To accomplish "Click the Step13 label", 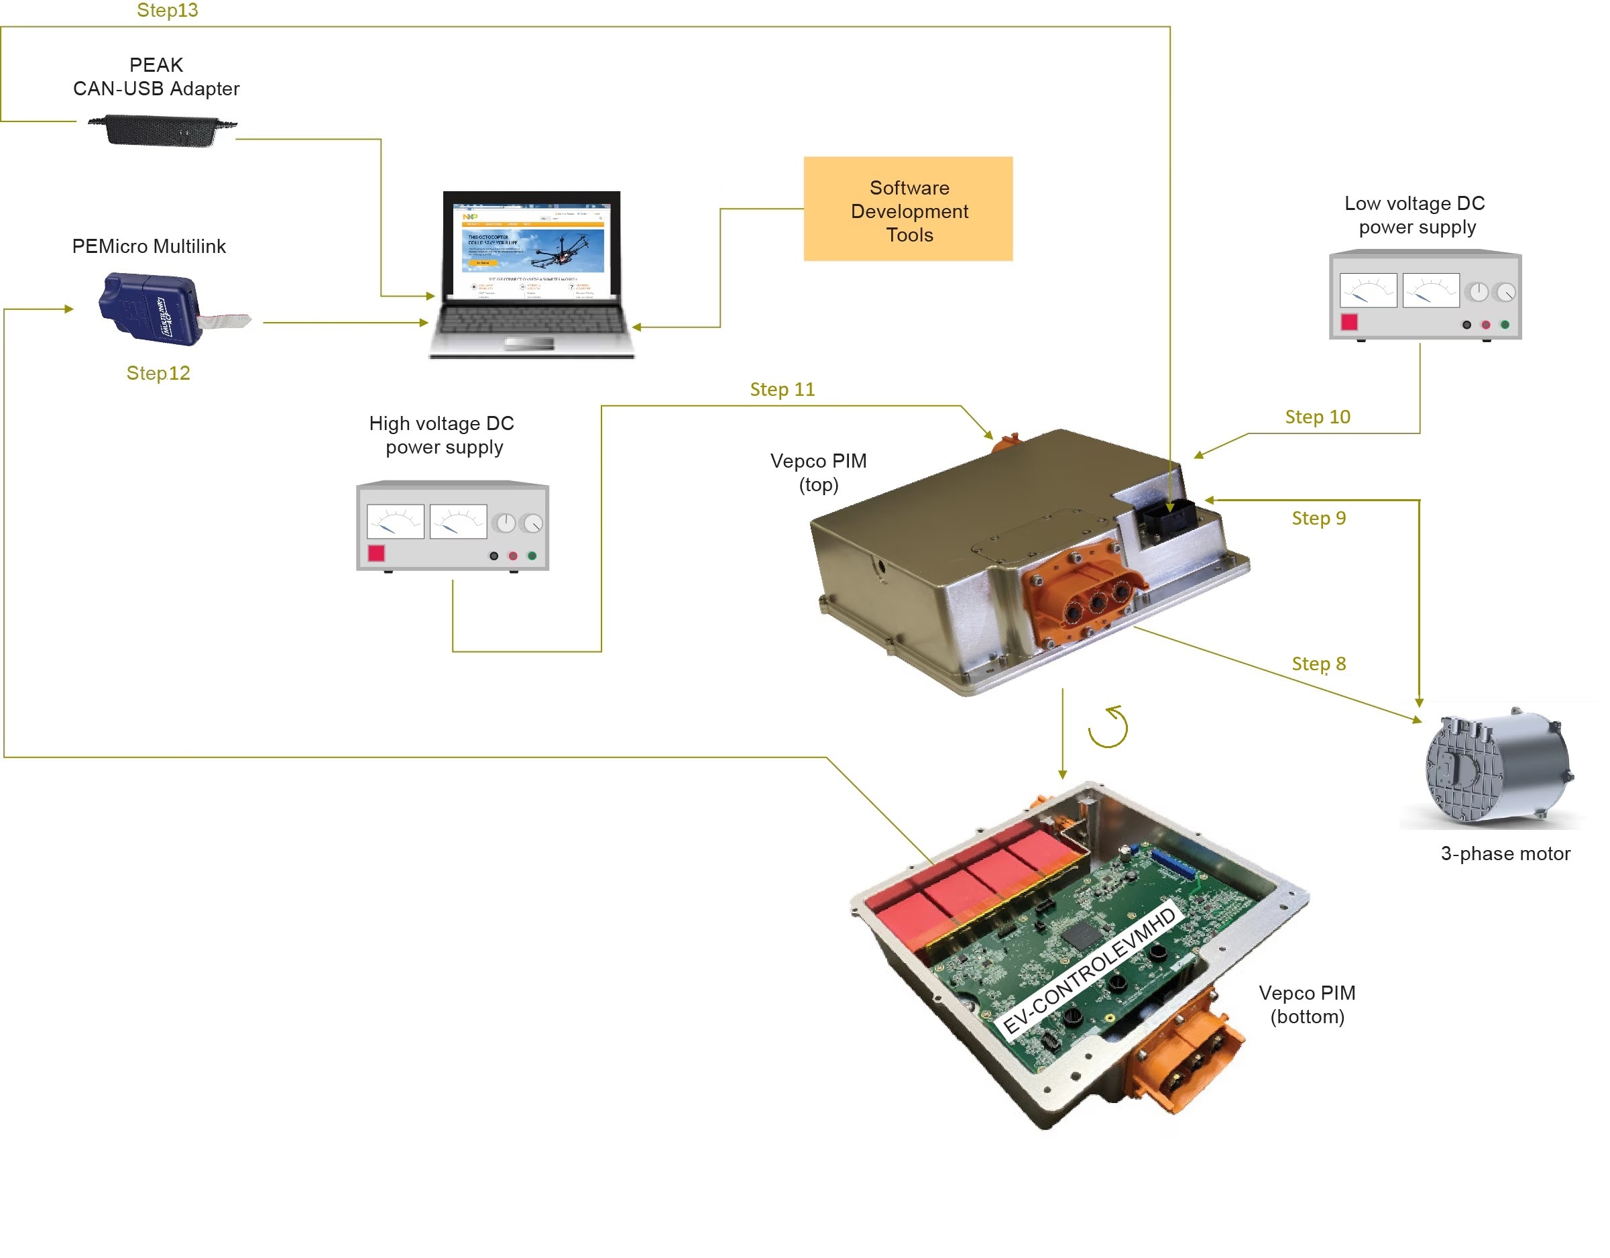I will point(168,10).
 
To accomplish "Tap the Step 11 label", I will point(782,389).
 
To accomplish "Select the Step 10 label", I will point(1318,417).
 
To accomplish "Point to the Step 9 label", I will point(1318,519).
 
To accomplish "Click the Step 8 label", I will point(1318,664).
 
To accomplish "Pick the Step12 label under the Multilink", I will point(158,373).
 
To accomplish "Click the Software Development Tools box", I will point(908,209).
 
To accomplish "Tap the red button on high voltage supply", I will point(376,553).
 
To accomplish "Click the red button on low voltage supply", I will point(1349,322).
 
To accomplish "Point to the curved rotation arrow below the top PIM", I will point(1108,727).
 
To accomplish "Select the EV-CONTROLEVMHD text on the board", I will point(1091,972).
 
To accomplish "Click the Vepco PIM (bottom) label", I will point(1307,1005).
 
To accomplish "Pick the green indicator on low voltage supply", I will point(1505,325).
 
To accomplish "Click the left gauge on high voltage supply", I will point(395,521).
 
